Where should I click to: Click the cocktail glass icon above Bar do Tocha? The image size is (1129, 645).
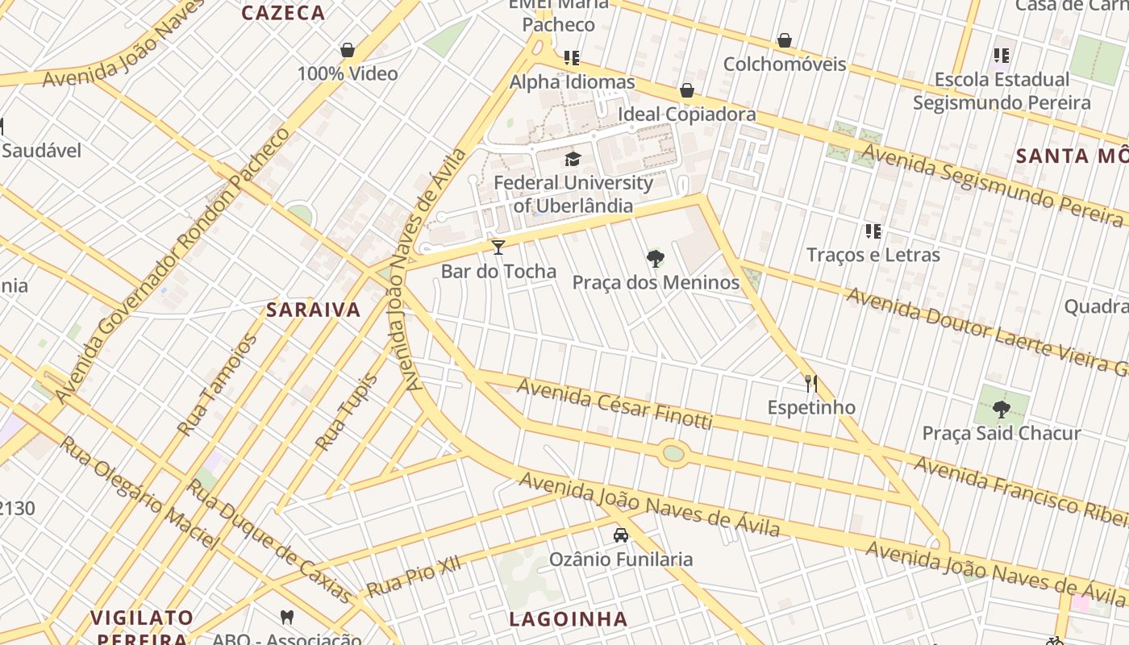coord(498,247)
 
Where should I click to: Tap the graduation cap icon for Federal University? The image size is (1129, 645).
coord(573,159)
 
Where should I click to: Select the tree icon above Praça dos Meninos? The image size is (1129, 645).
coord(656,259)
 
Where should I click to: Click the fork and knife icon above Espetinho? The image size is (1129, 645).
coord(811,383)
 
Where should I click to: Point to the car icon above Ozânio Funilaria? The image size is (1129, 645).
coord(621,535)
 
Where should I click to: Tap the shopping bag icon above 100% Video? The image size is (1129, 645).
coord(348,50)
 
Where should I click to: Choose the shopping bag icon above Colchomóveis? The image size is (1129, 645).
coord(785,40)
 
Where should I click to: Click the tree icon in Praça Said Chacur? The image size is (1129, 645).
coord(1002,409)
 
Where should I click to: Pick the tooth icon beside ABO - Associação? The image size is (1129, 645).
coord(286,618)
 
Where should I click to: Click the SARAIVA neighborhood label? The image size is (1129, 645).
coord(314,310)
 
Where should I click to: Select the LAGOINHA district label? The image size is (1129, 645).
coord(569,619)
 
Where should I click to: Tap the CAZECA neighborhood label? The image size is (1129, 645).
coord(283,13)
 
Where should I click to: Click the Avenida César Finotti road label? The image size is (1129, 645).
coord(614,405)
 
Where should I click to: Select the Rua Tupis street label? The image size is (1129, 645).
coord(346,412)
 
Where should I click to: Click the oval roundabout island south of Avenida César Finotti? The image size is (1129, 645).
coord(673,453)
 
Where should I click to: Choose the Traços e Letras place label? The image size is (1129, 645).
coord(873,255)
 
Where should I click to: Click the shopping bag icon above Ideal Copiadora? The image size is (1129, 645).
coord(687,90)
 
